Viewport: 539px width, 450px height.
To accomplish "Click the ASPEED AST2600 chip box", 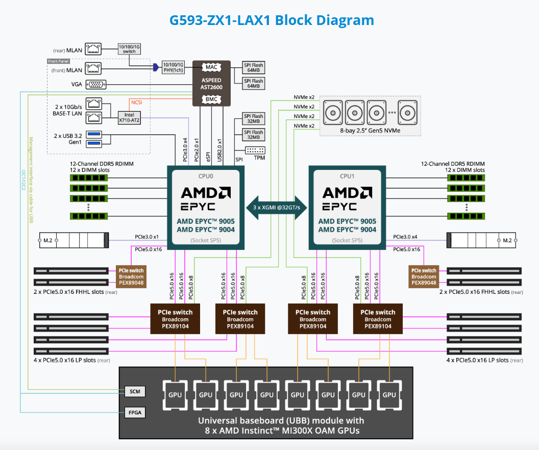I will click(211, 84).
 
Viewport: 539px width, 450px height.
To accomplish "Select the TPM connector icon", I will click(255, 151).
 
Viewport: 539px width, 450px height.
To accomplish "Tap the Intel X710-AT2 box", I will click(129, 117).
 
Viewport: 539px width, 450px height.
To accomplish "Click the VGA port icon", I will click(94, 85).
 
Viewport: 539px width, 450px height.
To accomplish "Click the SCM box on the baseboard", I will click(135, 391).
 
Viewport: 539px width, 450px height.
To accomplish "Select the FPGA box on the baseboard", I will click(135, 411).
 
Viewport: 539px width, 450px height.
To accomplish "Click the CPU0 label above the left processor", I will click(206, 176).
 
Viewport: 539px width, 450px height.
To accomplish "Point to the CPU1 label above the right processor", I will click(347, 176).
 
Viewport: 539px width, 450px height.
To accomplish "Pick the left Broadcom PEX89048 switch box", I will click(131, 276).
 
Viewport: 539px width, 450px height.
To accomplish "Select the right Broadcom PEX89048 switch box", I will click(424, 276).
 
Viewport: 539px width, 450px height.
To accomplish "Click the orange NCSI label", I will click(136, 102).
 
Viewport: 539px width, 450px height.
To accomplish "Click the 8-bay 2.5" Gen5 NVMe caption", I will click(370, 131).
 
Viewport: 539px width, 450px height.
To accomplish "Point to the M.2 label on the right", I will click(507, 240).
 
